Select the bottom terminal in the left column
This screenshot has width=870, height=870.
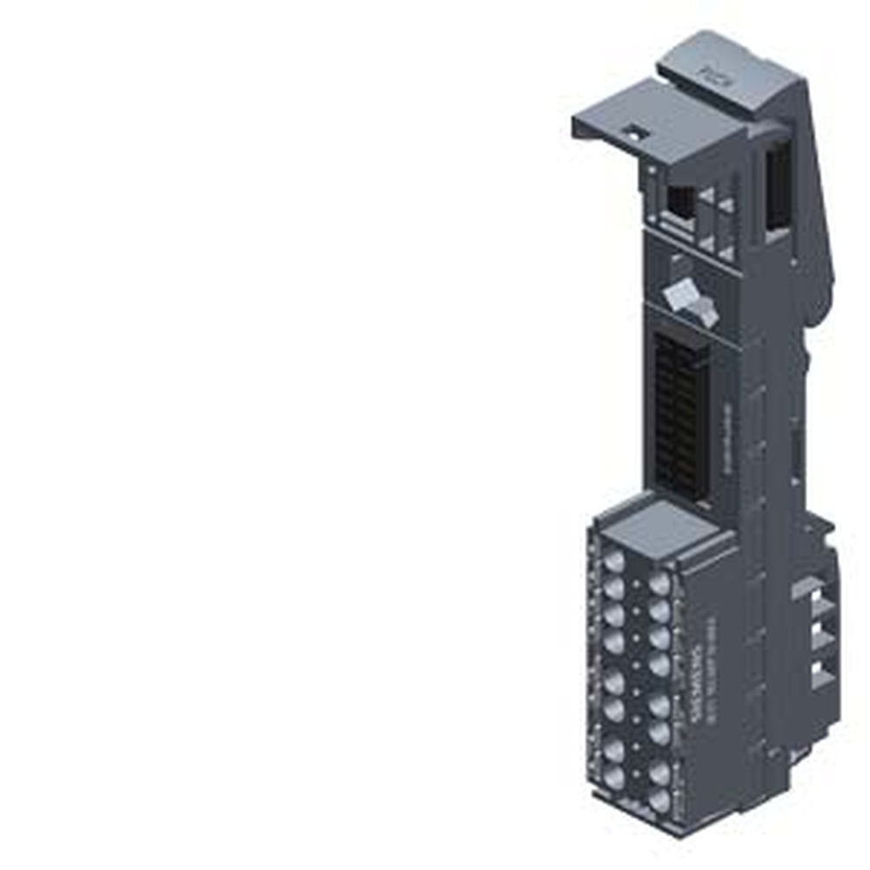click(x=612, y=775)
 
